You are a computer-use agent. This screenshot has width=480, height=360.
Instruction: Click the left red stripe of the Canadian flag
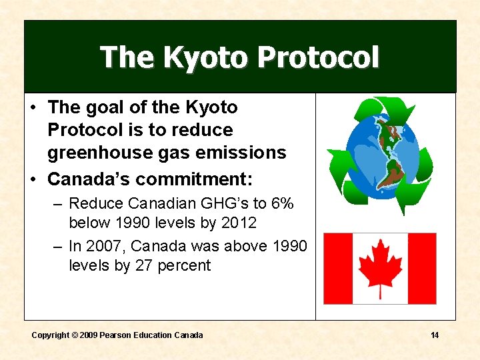[337, 268]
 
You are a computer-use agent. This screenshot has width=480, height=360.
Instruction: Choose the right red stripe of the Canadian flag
[422, 268]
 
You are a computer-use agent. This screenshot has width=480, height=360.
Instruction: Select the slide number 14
[435, 335]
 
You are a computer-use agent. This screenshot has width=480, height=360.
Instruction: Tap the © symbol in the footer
[75, 335]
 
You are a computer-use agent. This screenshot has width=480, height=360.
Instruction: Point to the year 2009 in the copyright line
[88, 335]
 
